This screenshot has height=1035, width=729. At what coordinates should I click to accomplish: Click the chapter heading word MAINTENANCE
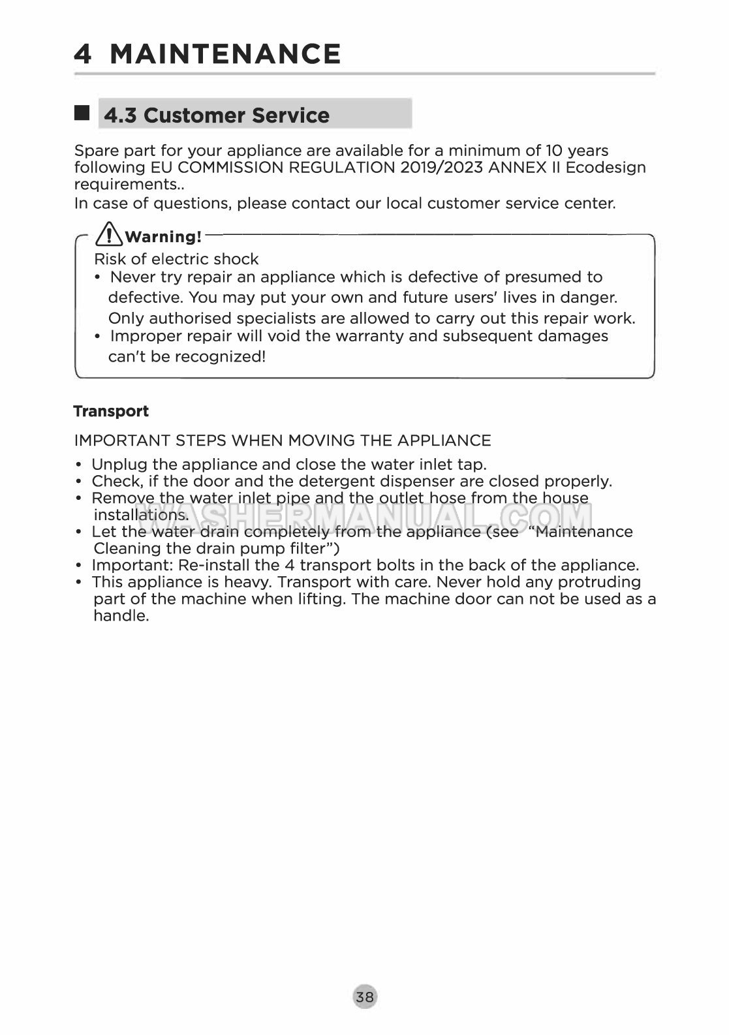(x=225, y=54)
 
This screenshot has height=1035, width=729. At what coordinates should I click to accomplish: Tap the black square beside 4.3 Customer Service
(x=82, y=113)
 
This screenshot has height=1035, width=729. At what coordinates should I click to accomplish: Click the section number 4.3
(x=121, y=116)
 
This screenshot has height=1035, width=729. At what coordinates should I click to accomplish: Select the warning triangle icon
(x=109, y=234)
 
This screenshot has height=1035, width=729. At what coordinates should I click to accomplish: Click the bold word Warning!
(x=163, y=237)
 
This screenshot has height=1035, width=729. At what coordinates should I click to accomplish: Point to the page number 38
(x=365, y=996)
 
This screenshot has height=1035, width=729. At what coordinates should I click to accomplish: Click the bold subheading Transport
(x=111, y=411)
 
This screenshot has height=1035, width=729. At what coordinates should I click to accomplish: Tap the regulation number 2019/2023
(x=441, y=168)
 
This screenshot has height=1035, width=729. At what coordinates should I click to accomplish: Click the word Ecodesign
(x=605, y=168)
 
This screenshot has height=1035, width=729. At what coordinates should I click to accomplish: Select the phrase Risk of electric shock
(x=176, y=259)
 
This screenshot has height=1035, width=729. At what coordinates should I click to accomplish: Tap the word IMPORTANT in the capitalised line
(x=122, y=440)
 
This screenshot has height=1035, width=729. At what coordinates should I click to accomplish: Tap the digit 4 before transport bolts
(x=289, y=565)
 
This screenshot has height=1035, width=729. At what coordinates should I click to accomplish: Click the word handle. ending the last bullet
(x=121, y=616)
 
